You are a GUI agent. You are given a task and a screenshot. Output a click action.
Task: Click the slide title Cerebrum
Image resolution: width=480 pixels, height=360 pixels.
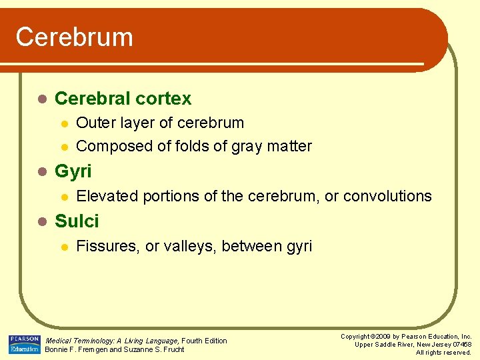point(74,37)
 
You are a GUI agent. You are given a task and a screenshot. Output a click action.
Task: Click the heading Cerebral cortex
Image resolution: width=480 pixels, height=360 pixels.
point(123,99)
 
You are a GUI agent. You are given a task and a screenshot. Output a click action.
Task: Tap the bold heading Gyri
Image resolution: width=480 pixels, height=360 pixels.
point(73,171)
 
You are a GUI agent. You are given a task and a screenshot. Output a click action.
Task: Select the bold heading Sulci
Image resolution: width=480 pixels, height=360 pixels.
point(77,221)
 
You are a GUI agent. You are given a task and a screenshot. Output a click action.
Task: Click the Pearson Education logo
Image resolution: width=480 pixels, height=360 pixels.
point(24,344)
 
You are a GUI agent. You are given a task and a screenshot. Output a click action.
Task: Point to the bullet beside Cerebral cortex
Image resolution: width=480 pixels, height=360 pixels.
point(42,99)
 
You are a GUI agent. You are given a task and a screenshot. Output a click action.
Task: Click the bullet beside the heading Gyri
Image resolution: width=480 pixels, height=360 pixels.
point(42,172)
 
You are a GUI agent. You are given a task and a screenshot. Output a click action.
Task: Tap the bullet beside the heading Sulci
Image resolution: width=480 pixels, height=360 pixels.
point(42,222)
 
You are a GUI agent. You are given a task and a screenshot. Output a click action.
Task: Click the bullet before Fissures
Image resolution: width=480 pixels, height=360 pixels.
point(63,247)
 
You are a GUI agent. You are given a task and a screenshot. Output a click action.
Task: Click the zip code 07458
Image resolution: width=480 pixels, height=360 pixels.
point(461,344)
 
